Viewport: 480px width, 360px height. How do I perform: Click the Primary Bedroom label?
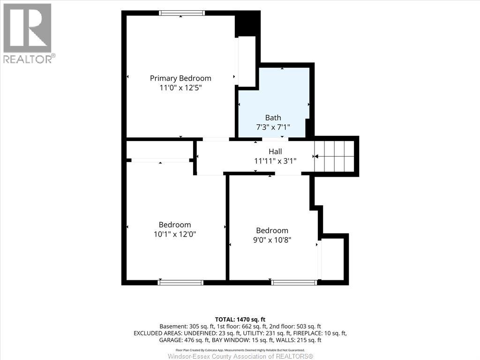[180, 78]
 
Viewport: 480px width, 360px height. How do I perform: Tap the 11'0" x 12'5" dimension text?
[180, 88]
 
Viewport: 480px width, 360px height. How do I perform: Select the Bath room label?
[273, 118]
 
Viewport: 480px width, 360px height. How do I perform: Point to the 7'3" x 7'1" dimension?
[273, 127]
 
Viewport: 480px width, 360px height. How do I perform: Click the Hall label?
[275, 151]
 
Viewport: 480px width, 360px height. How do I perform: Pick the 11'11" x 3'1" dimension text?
[275, 161]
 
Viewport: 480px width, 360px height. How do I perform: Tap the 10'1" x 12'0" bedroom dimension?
[175, 234]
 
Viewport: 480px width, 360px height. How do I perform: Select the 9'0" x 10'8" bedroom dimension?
[272, 240]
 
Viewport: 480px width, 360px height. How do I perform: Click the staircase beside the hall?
[334, 156]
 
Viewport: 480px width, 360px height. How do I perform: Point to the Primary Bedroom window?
[181, 13]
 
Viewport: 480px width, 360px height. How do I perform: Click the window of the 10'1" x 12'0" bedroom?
[180, 283]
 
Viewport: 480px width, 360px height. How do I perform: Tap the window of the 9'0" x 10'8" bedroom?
[294, 283]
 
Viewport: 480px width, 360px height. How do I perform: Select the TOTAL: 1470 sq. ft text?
[240, 320]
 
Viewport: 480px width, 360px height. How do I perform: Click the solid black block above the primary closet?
[247, 24]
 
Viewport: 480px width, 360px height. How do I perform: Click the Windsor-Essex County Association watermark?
[240, 356]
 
